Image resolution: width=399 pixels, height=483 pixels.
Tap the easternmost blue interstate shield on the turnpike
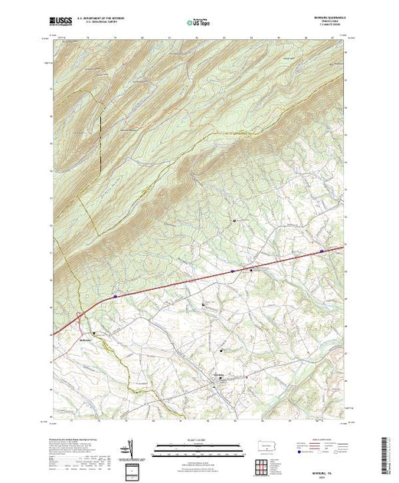[322, 250]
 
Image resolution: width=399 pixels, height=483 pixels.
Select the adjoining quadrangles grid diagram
[263, 466]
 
